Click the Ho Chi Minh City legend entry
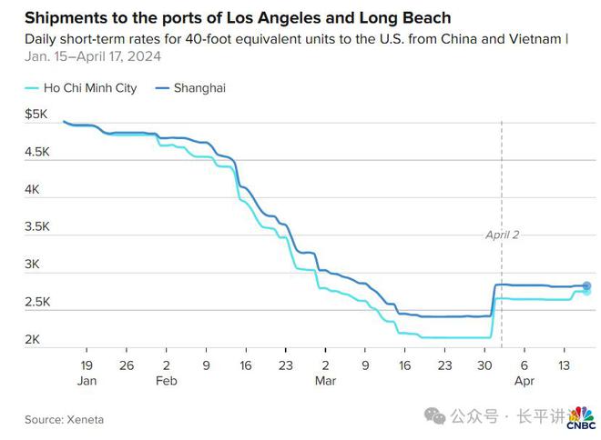pyautogui.click(x=88, y=88)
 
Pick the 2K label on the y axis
pyautogui.click(x=33, y=340)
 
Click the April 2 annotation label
pyautogui.click(x=503, y=234)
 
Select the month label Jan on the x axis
pyautogui.click(x=87, y=382)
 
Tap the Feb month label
pyautogui.click(x=167, y=382)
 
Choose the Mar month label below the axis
pyautogui.click(x=325, y=382)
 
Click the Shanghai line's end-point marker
pyautogui.click(x=586, y=285)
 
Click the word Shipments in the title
pyautogui.click(x=66, y=18)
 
